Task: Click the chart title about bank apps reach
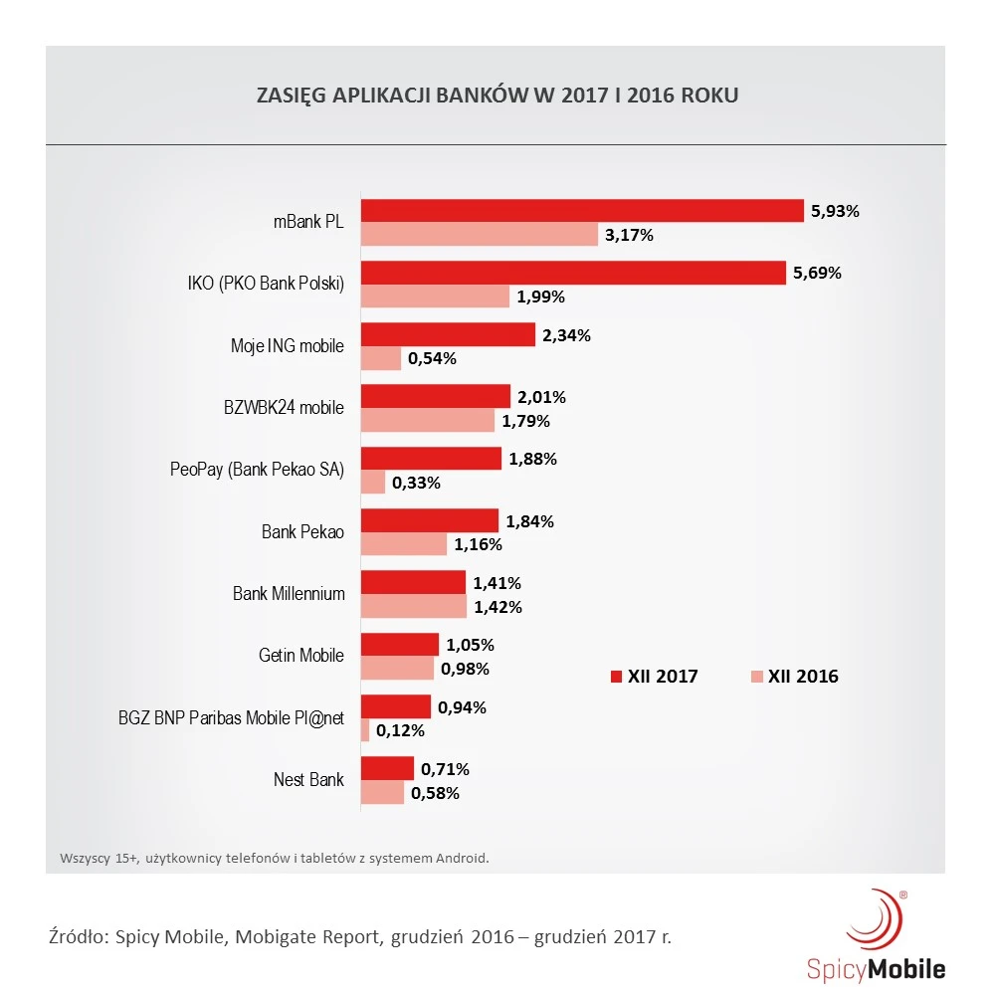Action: point(497,97)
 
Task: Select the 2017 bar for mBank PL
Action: point(582,210)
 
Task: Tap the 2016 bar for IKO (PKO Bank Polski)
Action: point(435,296)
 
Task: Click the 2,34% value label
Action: point(566,335)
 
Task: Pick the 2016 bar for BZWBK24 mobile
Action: point(427,420)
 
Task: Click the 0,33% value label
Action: point(416,483)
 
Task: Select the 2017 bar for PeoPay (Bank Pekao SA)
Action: point(431,458)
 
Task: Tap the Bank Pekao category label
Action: point(302,531)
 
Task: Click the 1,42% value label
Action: point(497,606)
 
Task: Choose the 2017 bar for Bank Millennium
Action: point(413,582)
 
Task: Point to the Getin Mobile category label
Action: point(301,656)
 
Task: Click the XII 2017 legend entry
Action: point(655,677)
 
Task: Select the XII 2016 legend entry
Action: point(795,677)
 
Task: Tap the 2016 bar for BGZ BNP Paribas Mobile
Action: point(365,730)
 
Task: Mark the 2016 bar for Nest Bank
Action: point(382,792)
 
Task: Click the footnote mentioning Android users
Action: point(275,857)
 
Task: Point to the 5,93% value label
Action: point(834,211)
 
